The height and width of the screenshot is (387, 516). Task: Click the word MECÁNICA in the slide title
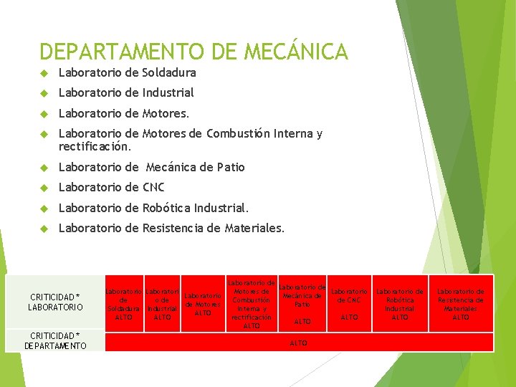pos(296,52)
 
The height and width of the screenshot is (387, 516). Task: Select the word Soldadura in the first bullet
pos(169,72)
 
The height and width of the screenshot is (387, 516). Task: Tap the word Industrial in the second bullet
pos(168,92)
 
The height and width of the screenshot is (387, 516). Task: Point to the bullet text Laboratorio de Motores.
pos(124,113)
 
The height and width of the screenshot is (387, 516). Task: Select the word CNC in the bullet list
pos(153,187)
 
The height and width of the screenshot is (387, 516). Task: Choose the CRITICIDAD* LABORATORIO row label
pos(54,302)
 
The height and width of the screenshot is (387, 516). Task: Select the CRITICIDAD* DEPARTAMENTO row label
pos(54,340)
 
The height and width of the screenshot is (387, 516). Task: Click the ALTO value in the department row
pos(299,343)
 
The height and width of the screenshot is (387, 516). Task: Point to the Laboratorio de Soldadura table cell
pos(124,304)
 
